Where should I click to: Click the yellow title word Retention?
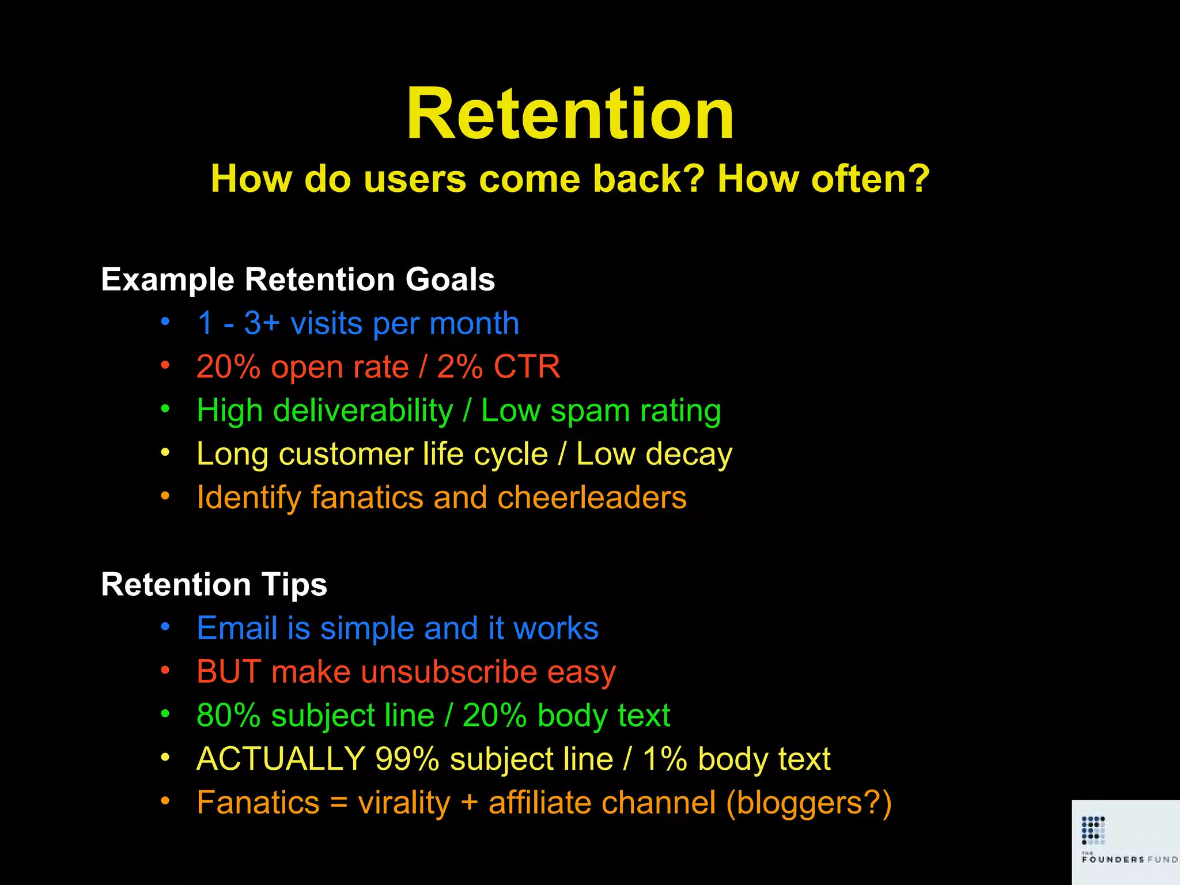pyautogui.click(x=570, y=114)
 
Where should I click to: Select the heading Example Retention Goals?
pyautogui.click(x=298, y=279)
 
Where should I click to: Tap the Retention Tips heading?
pyautogui.click(x=214, y=584)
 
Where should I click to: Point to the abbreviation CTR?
pyautogui.click(x=527, y=367)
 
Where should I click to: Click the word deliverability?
pyautogui.click(x=363, y=411)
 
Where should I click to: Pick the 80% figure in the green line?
pyautogui.click(x=228, y=716)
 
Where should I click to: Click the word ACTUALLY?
pyautogui.click(x=281, y=759)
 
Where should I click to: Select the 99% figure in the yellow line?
pyautogui.click(x=407, y=759)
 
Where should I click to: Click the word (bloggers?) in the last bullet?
pyautogui.click(x=808, y=803)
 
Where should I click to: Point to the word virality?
pyautogui.click(x=404, y=803)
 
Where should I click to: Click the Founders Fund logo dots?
pyautogui.click(x=1093, y=830)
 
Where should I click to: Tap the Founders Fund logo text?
pyautogui.click(x=1128, y=859)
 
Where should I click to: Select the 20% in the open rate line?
pyautogui.click(x=228, y=367)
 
